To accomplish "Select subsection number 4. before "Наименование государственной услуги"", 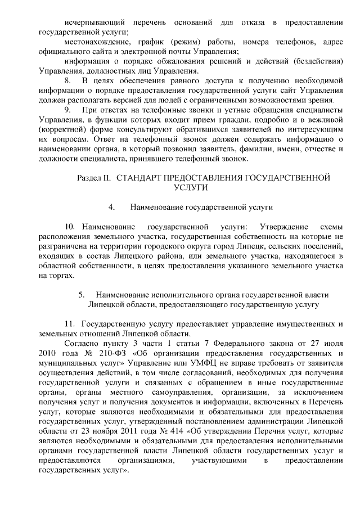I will click(x=112, y=207).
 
